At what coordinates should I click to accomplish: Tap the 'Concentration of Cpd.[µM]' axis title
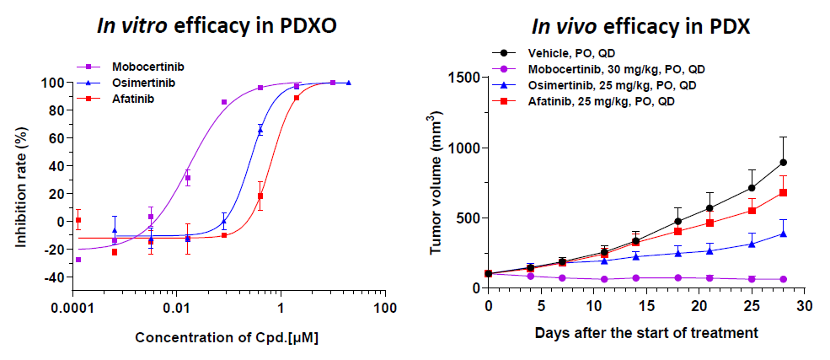point(218,337)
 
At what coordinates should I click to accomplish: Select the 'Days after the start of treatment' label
point(646,331)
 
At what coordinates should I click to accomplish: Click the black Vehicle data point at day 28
point(783,162)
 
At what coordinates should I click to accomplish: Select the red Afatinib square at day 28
point(783,192)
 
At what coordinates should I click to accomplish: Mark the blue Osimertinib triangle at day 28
point(783,234)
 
